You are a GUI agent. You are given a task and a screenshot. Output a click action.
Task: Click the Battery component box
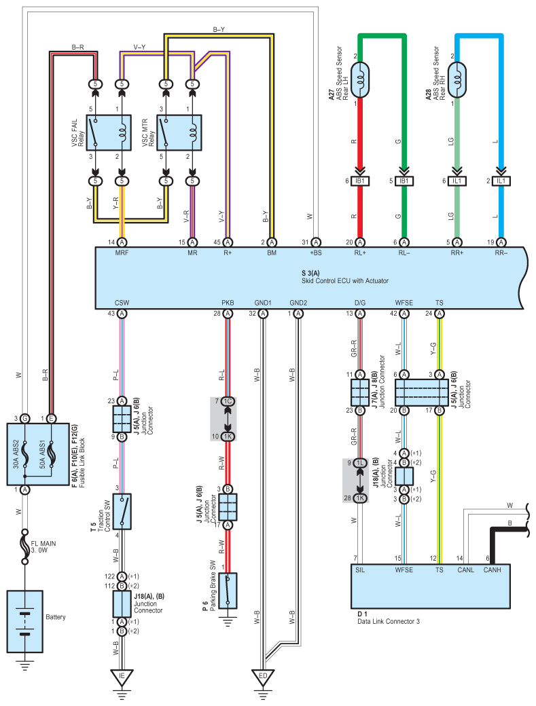click(24, 622)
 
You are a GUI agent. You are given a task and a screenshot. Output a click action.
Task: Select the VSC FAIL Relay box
click(109, 133)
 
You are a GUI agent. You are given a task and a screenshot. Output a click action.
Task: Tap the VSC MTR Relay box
click(179, 133)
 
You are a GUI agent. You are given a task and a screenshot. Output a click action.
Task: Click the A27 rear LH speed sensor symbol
click(359, 80)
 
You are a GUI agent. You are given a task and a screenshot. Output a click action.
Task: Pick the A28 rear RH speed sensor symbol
click(457, 80)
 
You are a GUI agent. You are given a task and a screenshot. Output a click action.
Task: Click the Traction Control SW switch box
click(122, 511)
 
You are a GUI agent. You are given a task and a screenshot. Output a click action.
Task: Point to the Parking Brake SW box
click(228, 591)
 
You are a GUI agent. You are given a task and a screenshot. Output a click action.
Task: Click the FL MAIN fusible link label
click(43, 546)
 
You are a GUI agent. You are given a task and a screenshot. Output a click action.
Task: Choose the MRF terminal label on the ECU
click(122, 253)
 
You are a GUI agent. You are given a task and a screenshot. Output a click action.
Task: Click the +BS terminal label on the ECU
click(316, 253)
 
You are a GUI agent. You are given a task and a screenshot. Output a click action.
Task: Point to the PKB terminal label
click(228, 303)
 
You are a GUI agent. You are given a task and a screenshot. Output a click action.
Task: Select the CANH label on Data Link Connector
click(492, 570)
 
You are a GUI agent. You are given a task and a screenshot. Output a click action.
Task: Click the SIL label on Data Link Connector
click(360, 570)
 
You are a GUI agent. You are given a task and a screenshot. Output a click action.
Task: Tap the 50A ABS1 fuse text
click(43, 454)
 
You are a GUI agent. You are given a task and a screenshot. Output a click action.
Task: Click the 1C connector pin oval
click(228, 401)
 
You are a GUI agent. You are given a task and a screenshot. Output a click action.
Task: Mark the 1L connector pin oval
click(360, 463)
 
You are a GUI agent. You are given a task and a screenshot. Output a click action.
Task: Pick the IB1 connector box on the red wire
click(360, 181)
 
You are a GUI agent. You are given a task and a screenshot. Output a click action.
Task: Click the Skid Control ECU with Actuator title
click(344, 280)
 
